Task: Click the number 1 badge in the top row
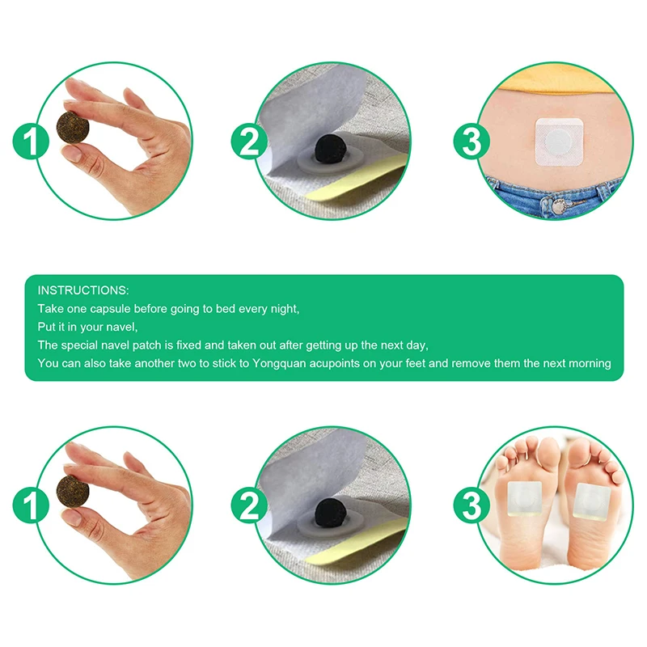point(30,143)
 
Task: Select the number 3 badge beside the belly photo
point(471,143)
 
